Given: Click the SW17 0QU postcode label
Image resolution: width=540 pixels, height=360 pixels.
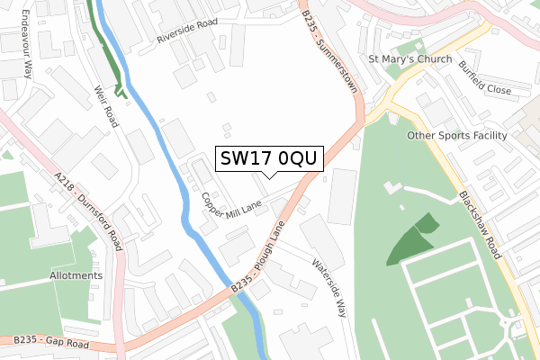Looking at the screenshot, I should tap(267, 158).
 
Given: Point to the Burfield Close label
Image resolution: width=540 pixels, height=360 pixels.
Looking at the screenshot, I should tap(484, 78).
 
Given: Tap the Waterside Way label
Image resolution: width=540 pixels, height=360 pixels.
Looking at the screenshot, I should tap(328, 288).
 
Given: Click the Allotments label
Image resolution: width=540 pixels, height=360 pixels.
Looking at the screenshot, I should tap(76, 275).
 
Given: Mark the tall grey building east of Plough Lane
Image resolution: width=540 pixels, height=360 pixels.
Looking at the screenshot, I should tap(342, 195).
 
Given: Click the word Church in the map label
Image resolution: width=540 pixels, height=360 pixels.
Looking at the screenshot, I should tap(423, 60).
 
